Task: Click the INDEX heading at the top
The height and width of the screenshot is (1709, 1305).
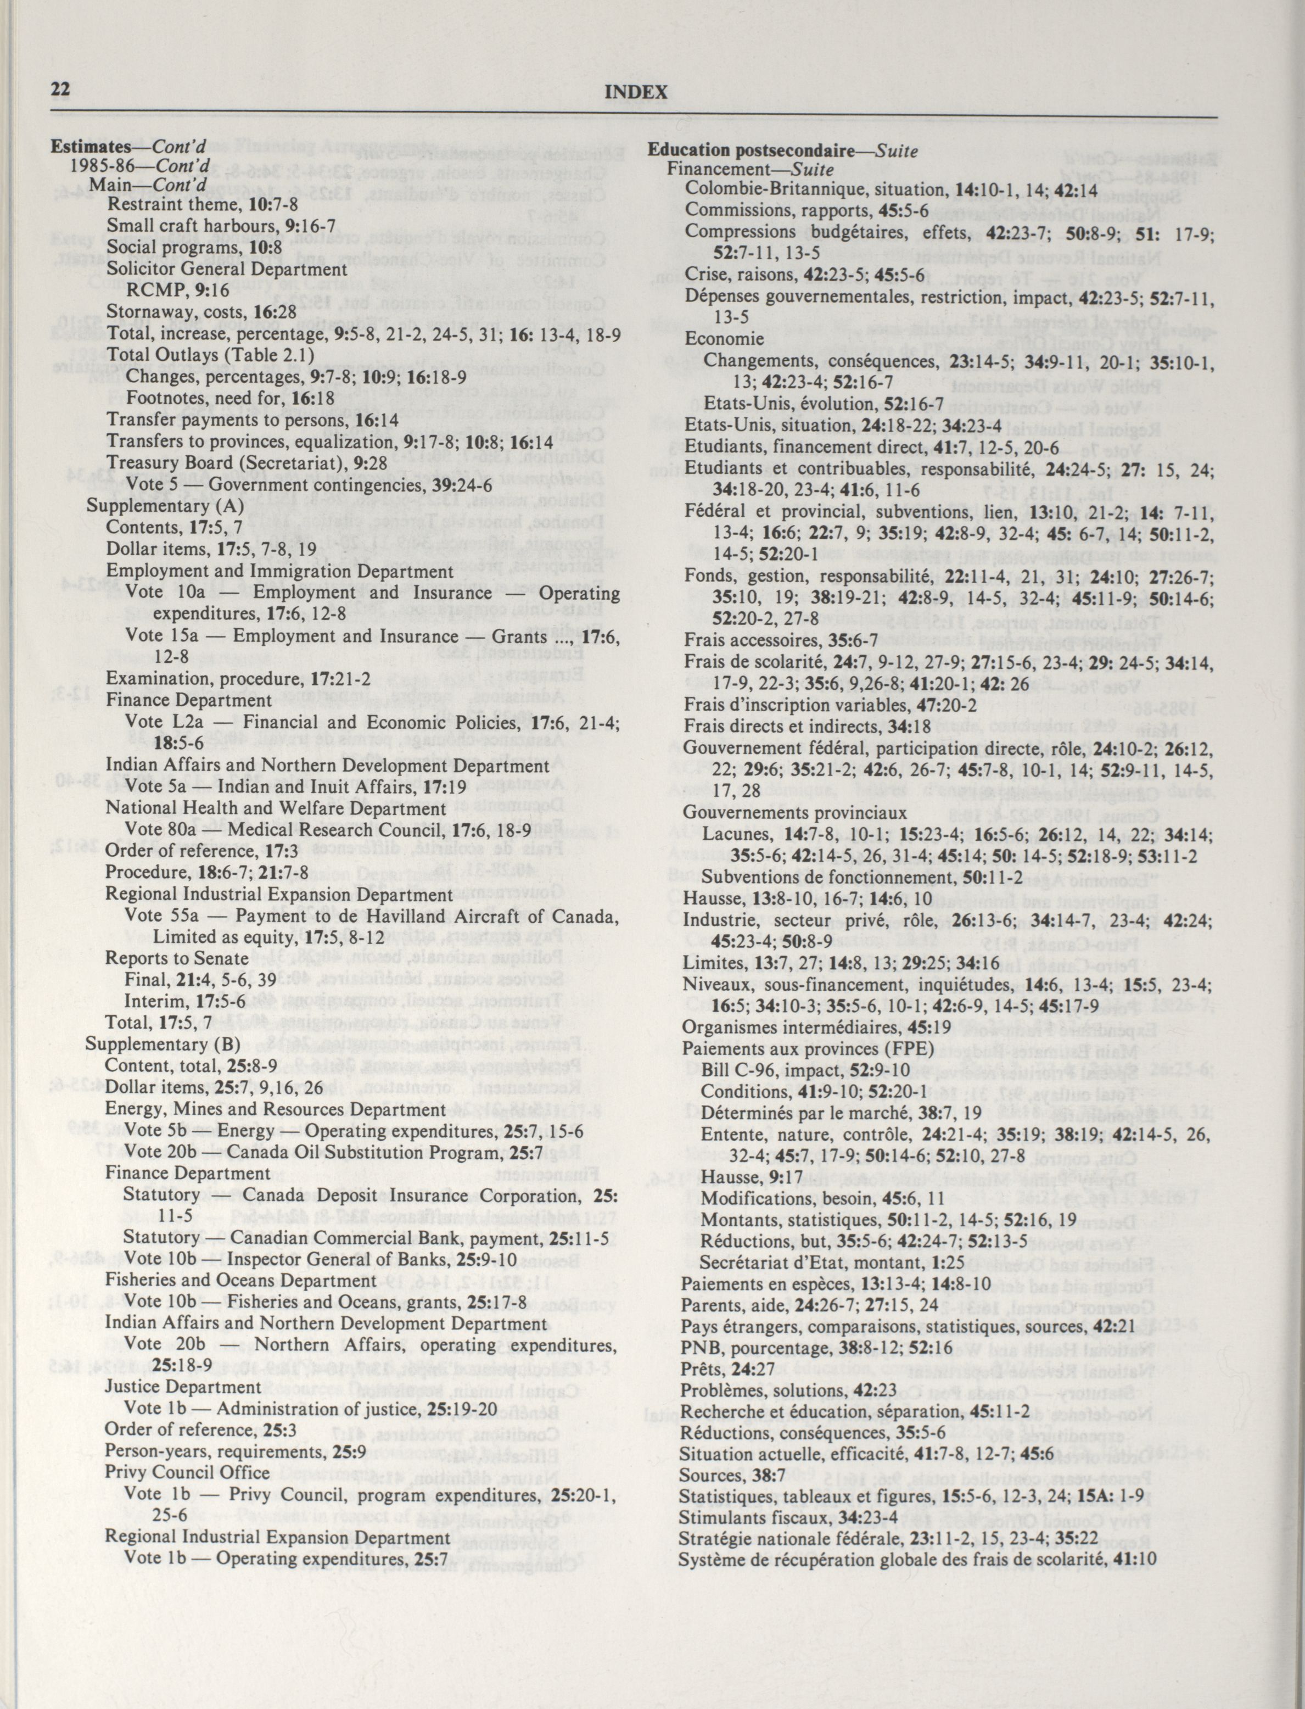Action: pyautogui.click(x=635, y=92)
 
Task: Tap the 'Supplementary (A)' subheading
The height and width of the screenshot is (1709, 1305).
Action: pyautogui.click(x=165, y=506)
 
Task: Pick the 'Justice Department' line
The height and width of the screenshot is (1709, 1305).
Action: pyautogui.click(x=183, y=1387)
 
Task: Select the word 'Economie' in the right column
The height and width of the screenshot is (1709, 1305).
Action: pyautogui.click(x=724, y=339)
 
